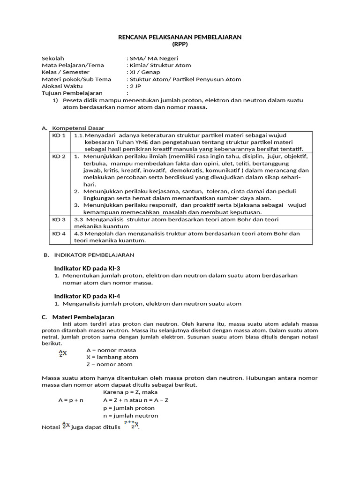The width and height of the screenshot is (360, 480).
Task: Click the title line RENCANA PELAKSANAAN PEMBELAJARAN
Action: [180, 37]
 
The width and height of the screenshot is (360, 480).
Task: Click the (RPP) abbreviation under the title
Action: [180, 44]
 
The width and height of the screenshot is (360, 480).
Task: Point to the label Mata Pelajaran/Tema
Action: [73, 65]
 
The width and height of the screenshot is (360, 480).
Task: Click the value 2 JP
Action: [135, 86]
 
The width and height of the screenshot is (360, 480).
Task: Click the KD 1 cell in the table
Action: [59, 135]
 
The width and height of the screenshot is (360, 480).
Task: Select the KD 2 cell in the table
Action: [59, 156]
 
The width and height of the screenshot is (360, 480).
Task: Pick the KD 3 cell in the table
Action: [59, 219]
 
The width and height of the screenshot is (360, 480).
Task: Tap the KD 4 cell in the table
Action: [59, 233]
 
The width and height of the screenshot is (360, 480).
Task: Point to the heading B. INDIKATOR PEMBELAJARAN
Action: [89, 255]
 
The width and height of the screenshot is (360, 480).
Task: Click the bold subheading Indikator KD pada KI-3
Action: [87, 268]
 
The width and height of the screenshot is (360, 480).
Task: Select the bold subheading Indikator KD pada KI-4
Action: [87, 296]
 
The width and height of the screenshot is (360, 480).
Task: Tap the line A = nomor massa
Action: [112, 350]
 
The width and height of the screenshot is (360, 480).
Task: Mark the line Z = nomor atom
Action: [110, 364]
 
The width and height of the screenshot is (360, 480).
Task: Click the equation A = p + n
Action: [71, 400]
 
